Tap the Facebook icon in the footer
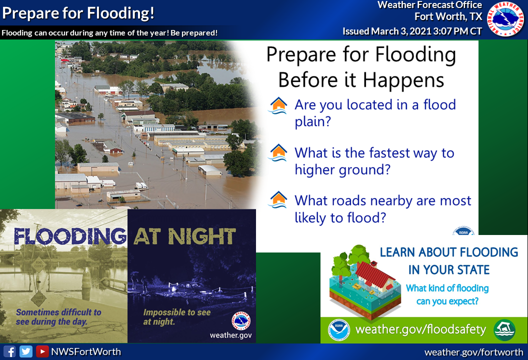(10, 351)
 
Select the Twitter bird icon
(26, 351)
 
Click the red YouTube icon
(42, 351)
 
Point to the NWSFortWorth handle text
(86, 351)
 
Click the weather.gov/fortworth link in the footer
(474, 352)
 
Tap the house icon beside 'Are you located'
(278, 105)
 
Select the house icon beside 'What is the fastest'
(278, 152)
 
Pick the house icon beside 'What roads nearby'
(278, 199)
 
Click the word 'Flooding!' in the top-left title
(121, 13)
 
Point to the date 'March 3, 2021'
(401, 31)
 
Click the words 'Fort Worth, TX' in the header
(448, 16)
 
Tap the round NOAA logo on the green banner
(339, 330)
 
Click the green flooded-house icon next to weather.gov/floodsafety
(504, 330)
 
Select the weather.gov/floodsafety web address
(421, 329)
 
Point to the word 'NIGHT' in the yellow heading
(202, 236)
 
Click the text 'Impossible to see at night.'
(177, 317)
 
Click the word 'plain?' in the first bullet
(313, 122)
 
